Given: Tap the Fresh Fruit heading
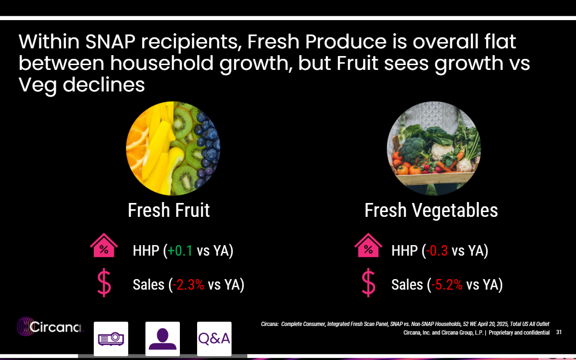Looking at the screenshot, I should click(x=168, y=211).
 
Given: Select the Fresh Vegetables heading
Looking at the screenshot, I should click(x=431, y=211).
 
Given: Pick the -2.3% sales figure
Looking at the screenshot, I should click(x=188, y=285).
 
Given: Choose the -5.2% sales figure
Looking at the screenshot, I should click(x=447, y=285).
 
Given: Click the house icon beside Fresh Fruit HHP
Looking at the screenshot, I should click(x=104, y=246).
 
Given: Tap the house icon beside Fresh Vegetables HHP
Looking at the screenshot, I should click(x=368, y=246).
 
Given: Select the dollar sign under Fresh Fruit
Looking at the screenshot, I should click(x=104, y=283).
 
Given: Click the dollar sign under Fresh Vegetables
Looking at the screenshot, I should click(x=368, y=283).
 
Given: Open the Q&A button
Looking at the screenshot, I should click(x=214, y=339).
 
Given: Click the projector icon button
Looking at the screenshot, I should click(x=111, y=339).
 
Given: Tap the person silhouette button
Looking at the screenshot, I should click(x=163, y=339).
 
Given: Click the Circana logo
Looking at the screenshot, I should click(x=51, y=327).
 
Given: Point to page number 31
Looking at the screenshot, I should click(x=559, y=332).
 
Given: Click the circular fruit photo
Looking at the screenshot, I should click(x=173, y=148).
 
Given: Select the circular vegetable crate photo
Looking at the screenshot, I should click(x=433, y=148).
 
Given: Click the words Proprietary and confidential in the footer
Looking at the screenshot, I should click(x=519, y=333).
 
